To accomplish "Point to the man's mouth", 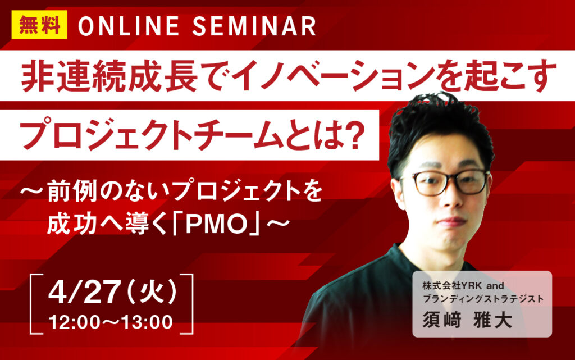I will [449, 221].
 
